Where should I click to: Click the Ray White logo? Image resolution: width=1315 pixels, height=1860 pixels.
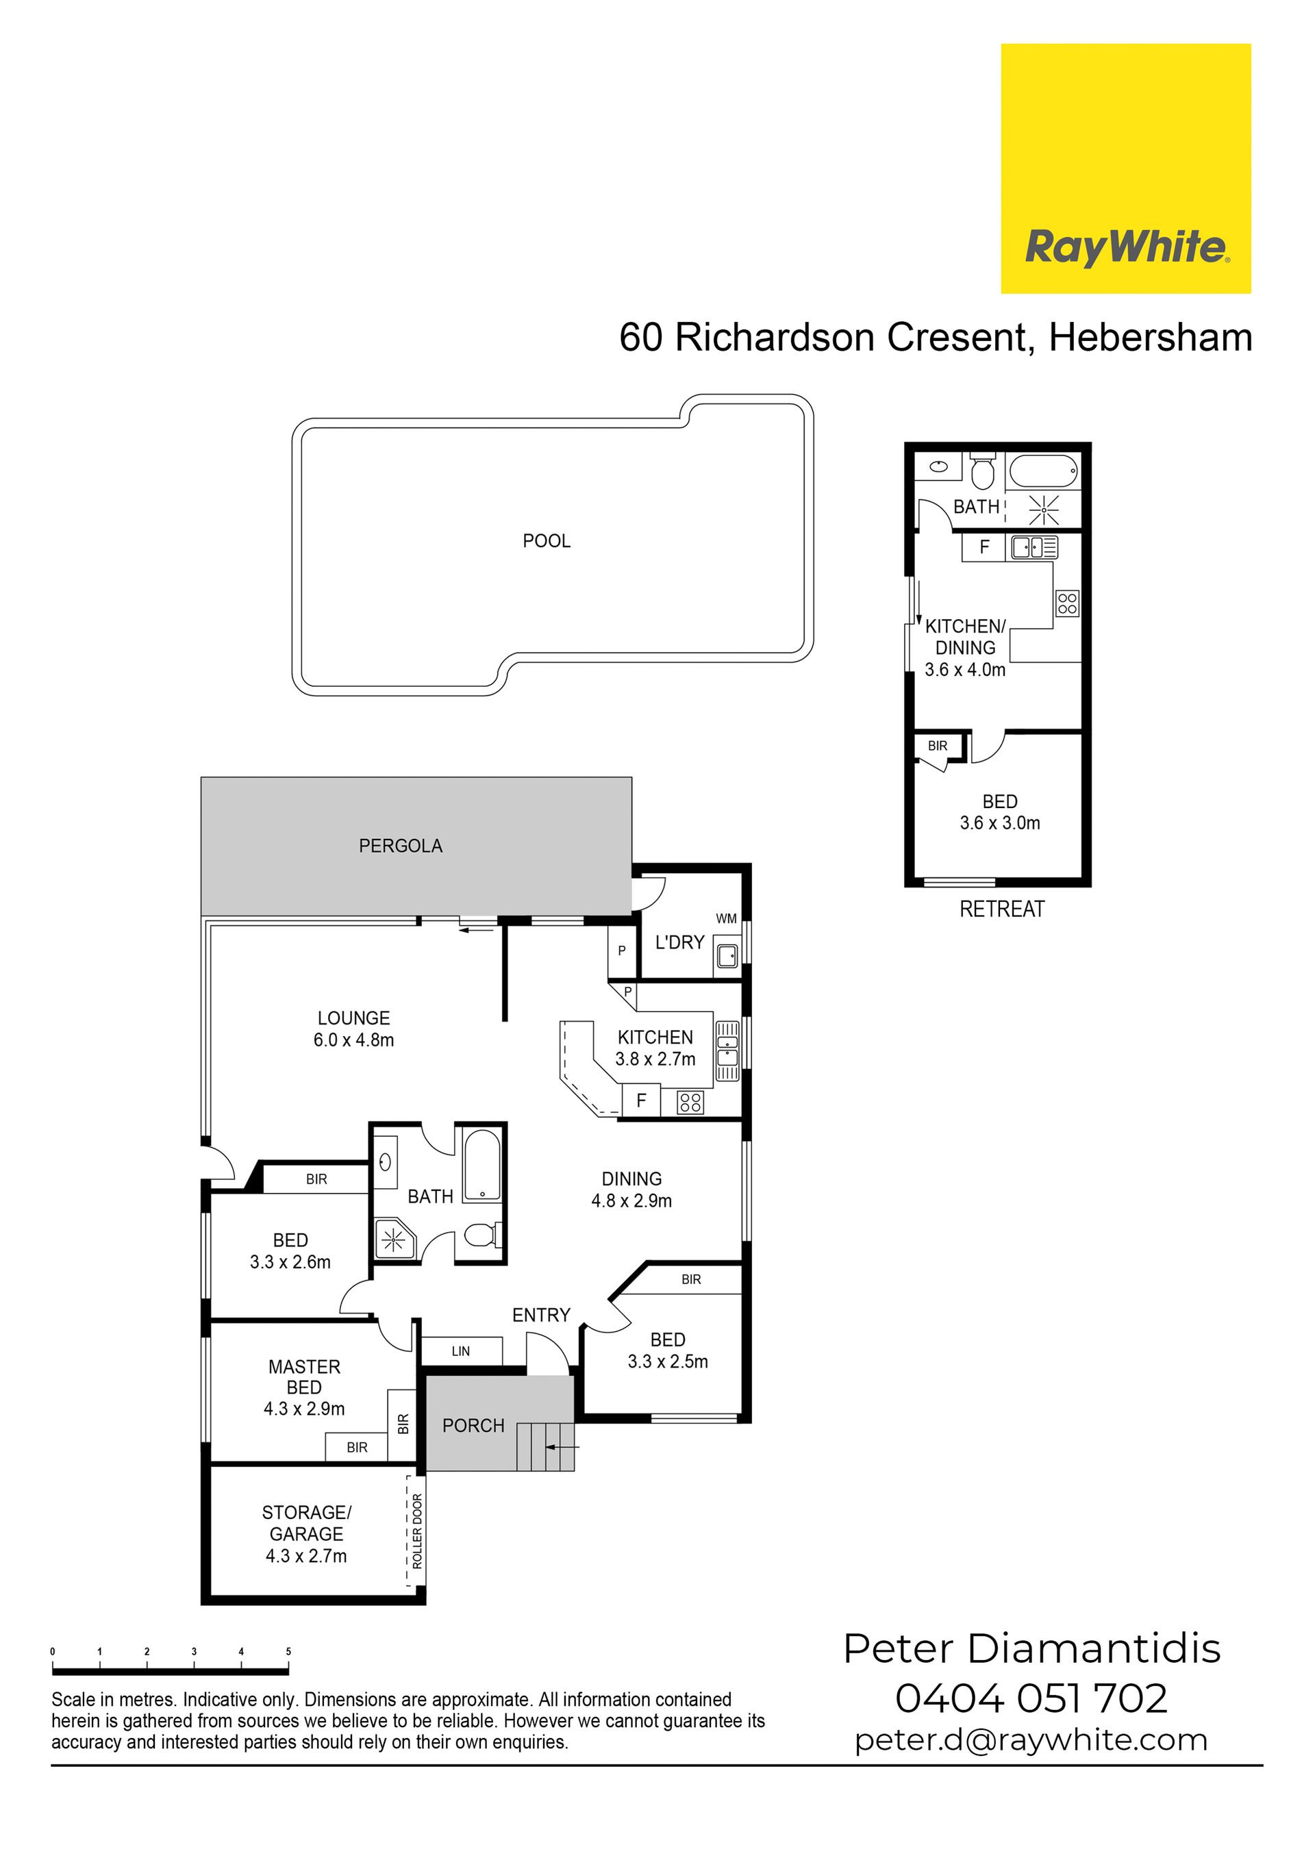coord(1126,168)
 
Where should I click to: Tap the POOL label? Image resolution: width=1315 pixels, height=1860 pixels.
coord(547,541)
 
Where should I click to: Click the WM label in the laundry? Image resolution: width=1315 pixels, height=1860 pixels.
coord(726,918)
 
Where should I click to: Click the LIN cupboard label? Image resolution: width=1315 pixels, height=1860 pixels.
coord(461,1351)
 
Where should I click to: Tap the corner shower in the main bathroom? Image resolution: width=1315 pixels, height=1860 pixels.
coord(394,1239)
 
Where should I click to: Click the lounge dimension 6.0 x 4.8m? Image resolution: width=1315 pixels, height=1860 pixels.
coord(354,1040)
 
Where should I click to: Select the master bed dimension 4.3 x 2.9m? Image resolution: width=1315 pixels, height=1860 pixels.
coord(304,1409)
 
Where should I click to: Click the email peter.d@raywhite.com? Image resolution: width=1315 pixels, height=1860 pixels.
coord(1031,1740)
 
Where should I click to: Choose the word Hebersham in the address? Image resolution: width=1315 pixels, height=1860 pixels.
coord(1151,337)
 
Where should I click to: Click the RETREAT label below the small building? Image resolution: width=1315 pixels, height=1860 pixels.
coord(1002,909)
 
